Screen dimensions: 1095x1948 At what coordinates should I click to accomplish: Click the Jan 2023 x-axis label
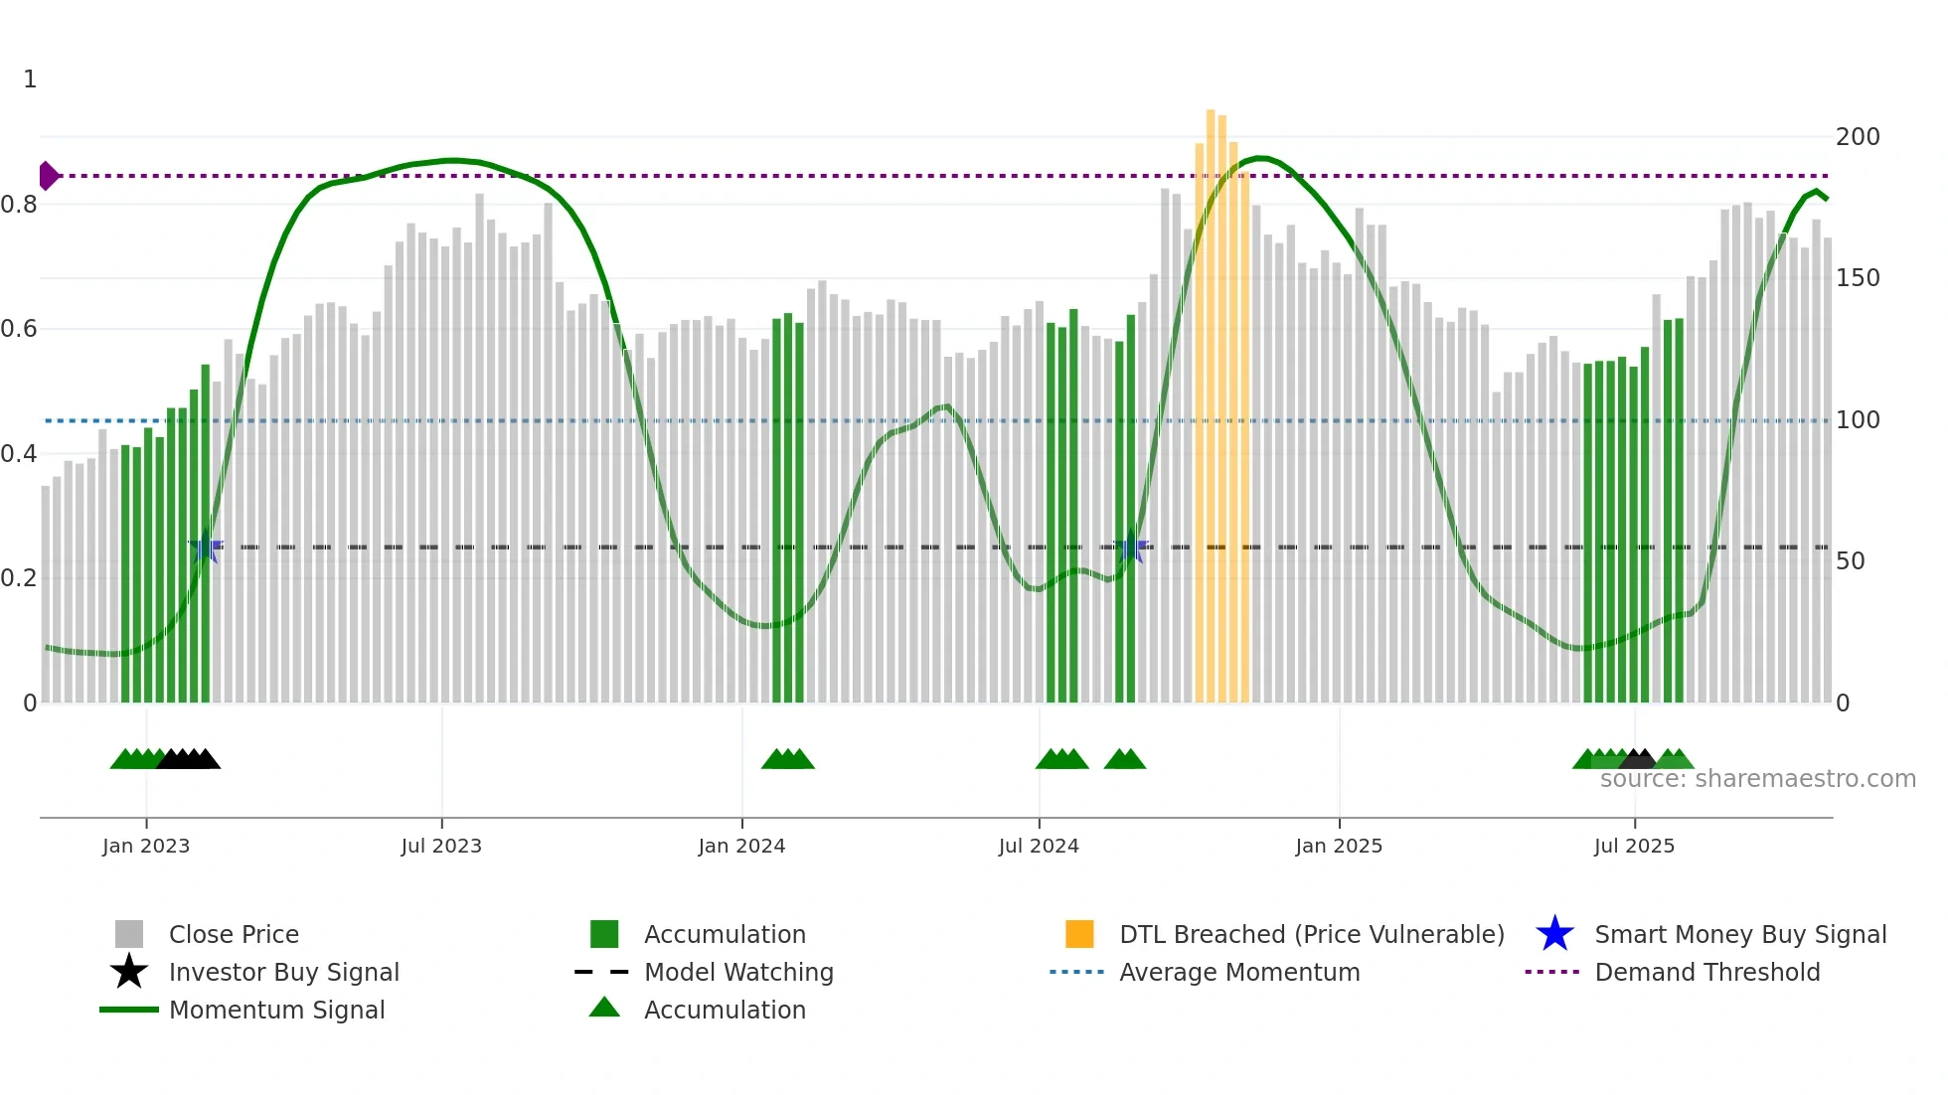click(x=146, y=846)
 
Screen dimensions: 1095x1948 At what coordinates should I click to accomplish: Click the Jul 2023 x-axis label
click(x=441, y=846)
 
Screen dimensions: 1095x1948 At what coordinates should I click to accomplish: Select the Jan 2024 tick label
click(x=741, y=846)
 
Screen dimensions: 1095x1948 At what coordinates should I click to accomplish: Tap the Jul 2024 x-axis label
click(x=1039, y=846)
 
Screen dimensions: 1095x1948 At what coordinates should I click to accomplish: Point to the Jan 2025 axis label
click(x=1339, y=846)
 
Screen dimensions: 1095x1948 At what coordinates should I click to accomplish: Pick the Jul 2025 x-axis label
click(x=1634, y=846)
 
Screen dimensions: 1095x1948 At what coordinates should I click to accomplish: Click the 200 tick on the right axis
click(x=1858, y=137)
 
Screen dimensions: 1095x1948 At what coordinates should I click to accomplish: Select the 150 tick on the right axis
click(x=1858, y=278)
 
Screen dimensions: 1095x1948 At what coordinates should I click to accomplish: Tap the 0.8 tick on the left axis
click(x=19, y=205)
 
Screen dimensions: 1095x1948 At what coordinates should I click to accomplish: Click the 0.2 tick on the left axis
click(x=19, y=578)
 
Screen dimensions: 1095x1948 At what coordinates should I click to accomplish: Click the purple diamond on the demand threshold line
click(x=48, y=176)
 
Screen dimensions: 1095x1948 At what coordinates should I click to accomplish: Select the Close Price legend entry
click(x=234, y=934)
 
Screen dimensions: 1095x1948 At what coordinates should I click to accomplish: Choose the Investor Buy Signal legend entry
click(x=283, y=972)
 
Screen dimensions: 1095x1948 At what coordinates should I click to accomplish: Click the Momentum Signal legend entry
click(x=276, y=1010)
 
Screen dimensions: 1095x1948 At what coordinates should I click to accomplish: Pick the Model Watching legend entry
click(x=738, y=972)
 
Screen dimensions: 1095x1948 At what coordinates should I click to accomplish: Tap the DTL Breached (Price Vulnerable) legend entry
click(x=1311, y=934)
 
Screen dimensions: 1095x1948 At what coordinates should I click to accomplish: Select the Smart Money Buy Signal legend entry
click(x=1740, y=934)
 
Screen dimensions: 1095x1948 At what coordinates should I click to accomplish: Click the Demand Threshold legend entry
click(x=1706, y=972)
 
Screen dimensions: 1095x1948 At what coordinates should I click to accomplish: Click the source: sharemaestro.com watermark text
click(x=1757, y=779)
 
